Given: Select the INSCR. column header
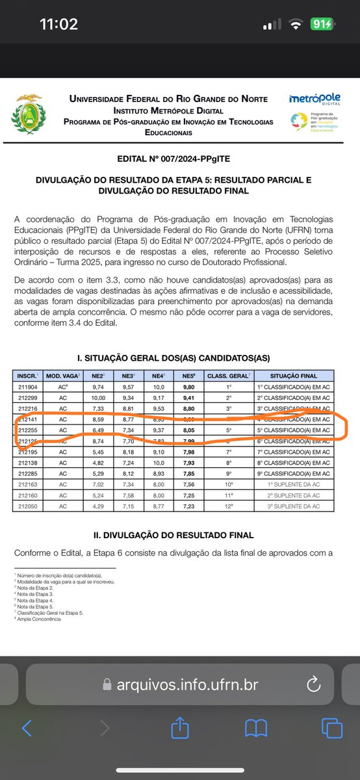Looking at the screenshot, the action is click(x=27, y=376).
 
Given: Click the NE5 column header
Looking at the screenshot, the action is click(x=188, y=376).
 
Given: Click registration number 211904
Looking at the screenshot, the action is click(x=27, y=386).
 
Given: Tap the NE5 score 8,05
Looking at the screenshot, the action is click(x=188, y=430).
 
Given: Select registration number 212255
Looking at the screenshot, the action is click(x=27, y=430).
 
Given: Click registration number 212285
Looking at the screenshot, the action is click(x=27, y=474).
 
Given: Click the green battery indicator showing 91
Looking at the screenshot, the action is click(x=321, y=25).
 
